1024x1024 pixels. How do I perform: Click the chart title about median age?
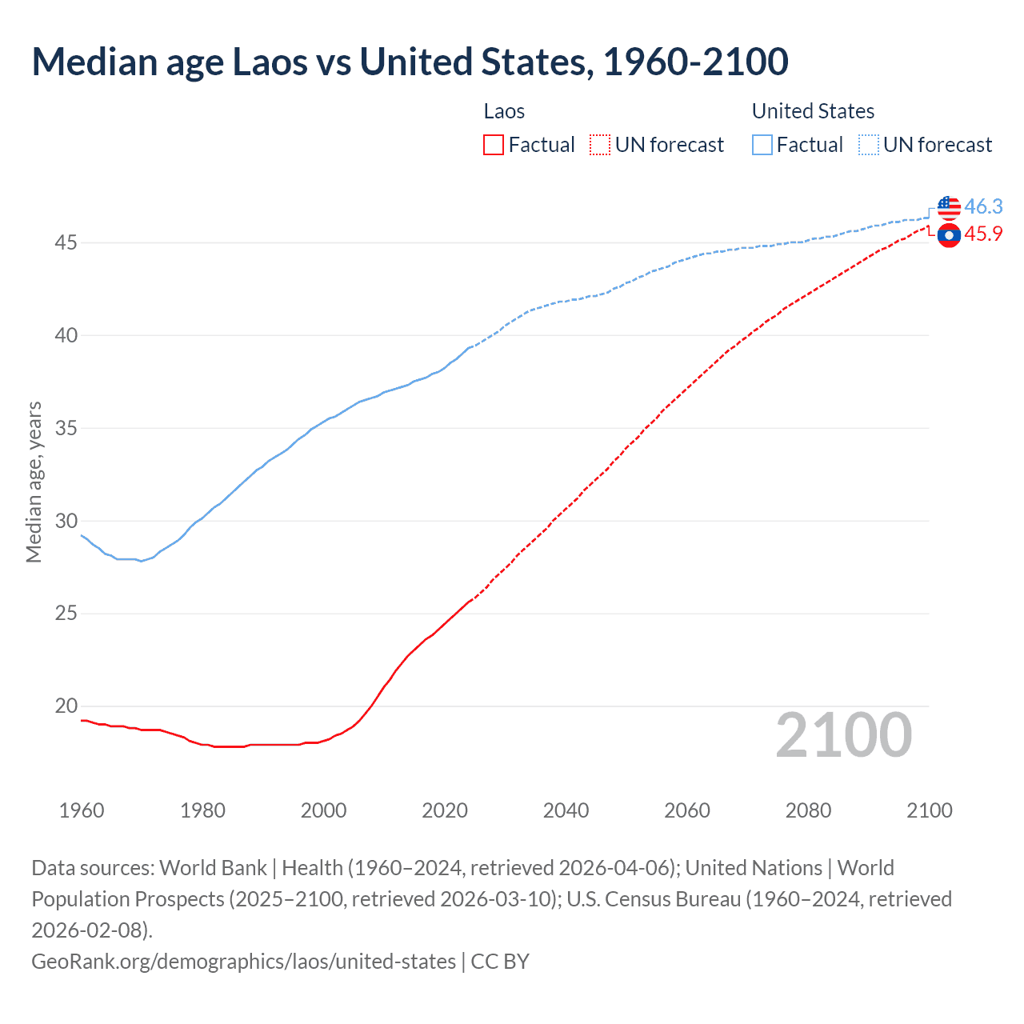click(410, 62)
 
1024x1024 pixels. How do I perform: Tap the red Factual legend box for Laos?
click(494, 145)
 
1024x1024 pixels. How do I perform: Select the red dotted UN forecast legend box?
click(600, 145)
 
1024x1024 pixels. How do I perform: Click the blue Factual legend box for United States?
click(762, 145)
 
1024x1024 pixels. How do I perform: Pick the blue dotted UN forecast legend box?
click(868, 145)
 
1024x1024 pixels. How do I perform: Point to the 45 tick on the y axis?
click(66, 242)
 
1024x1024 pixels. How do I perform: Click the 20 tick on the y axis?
click(66, 706)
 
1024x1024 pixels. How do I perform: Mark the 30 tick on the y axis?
click(66, 521)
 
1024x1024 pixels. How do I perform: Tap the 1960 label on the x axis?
click(82, 810)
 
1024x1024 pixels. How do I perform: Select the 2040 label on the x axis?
click(566, 810)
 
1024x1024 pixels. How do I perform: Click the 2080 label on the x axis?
click(808, 810)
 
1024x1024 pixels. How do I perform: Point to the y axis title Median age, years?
click(34, 482)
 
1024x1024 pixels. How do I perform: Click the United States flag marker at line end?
click(949, 207)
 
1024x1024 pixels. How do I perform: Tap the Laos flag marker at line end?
click(949, 235)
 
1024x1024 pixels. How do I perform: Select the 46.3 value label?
click(983, 206)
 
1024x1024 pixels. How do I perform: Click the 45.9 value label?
click(983, 234)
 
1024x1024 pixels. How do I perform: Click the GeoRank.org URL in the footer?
click(243, 961)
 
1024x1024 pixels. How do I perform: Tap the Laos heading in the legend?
click(504, 111)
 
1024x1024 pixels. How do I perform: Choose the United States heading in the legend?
click(813, 111)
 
